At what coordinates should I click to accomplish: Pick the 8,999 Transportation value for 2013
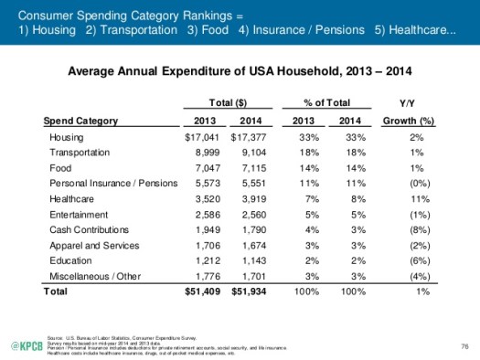[x=203, y=153]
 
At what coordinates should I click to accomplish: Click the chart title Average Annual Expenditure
[x=240, y=69]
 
